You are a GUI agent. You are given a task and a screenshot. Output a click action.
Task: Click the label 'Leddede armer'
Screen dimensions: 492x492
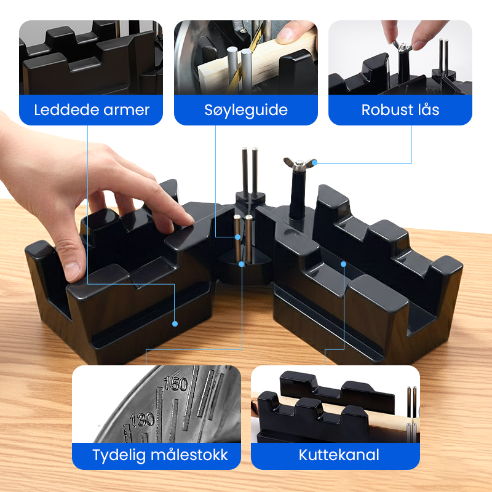click(91, 110)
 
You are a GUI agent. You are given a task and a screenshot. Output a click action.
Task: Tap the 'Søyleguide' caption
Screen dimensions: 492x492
click(246, 110)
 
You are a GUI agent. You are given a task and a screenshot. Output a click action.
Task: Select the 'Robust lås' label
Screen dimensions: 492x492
click(400, 110)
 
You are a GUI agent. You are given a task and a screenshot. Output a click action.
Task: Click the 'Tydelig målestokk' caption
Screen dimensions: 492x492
click(160, 455)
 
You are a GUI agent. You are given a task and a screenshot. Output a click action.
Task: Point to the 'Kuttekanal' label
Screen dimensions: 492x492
click(339, 455)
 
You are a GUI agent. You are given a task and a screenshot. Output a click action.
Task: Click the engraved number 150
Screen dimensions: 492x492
click(176, 383)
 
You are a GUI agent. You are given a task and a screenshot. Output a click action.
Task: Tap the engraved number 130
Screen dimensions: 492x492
click(143, 420)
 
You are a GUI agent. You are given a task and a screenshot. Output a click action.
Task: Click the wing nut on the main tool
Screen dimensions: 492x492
click(299, 164)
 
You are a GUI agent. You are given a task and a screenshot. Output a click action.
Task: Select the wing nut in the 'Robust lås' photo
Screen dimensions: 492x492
click(403, 47)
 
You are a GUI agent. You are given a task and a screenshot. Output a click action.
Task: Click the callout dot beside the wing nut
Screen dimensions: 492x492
click(315, 162)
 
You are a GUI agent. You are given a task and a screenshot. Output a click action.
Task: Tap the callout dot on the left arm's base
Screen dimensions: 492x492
click(175, 323)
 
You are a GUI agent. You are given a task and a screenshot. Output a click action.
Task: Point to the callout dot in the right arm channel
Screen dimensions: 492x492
click(344, 264)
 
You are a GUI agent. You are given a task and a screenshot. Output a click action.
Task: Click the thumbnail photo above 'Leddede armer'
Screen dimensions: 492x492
click(91, 57)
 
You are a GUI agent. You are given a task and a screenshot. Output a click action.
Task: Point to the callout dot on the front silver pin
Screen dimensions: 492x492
click(241, 264)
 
